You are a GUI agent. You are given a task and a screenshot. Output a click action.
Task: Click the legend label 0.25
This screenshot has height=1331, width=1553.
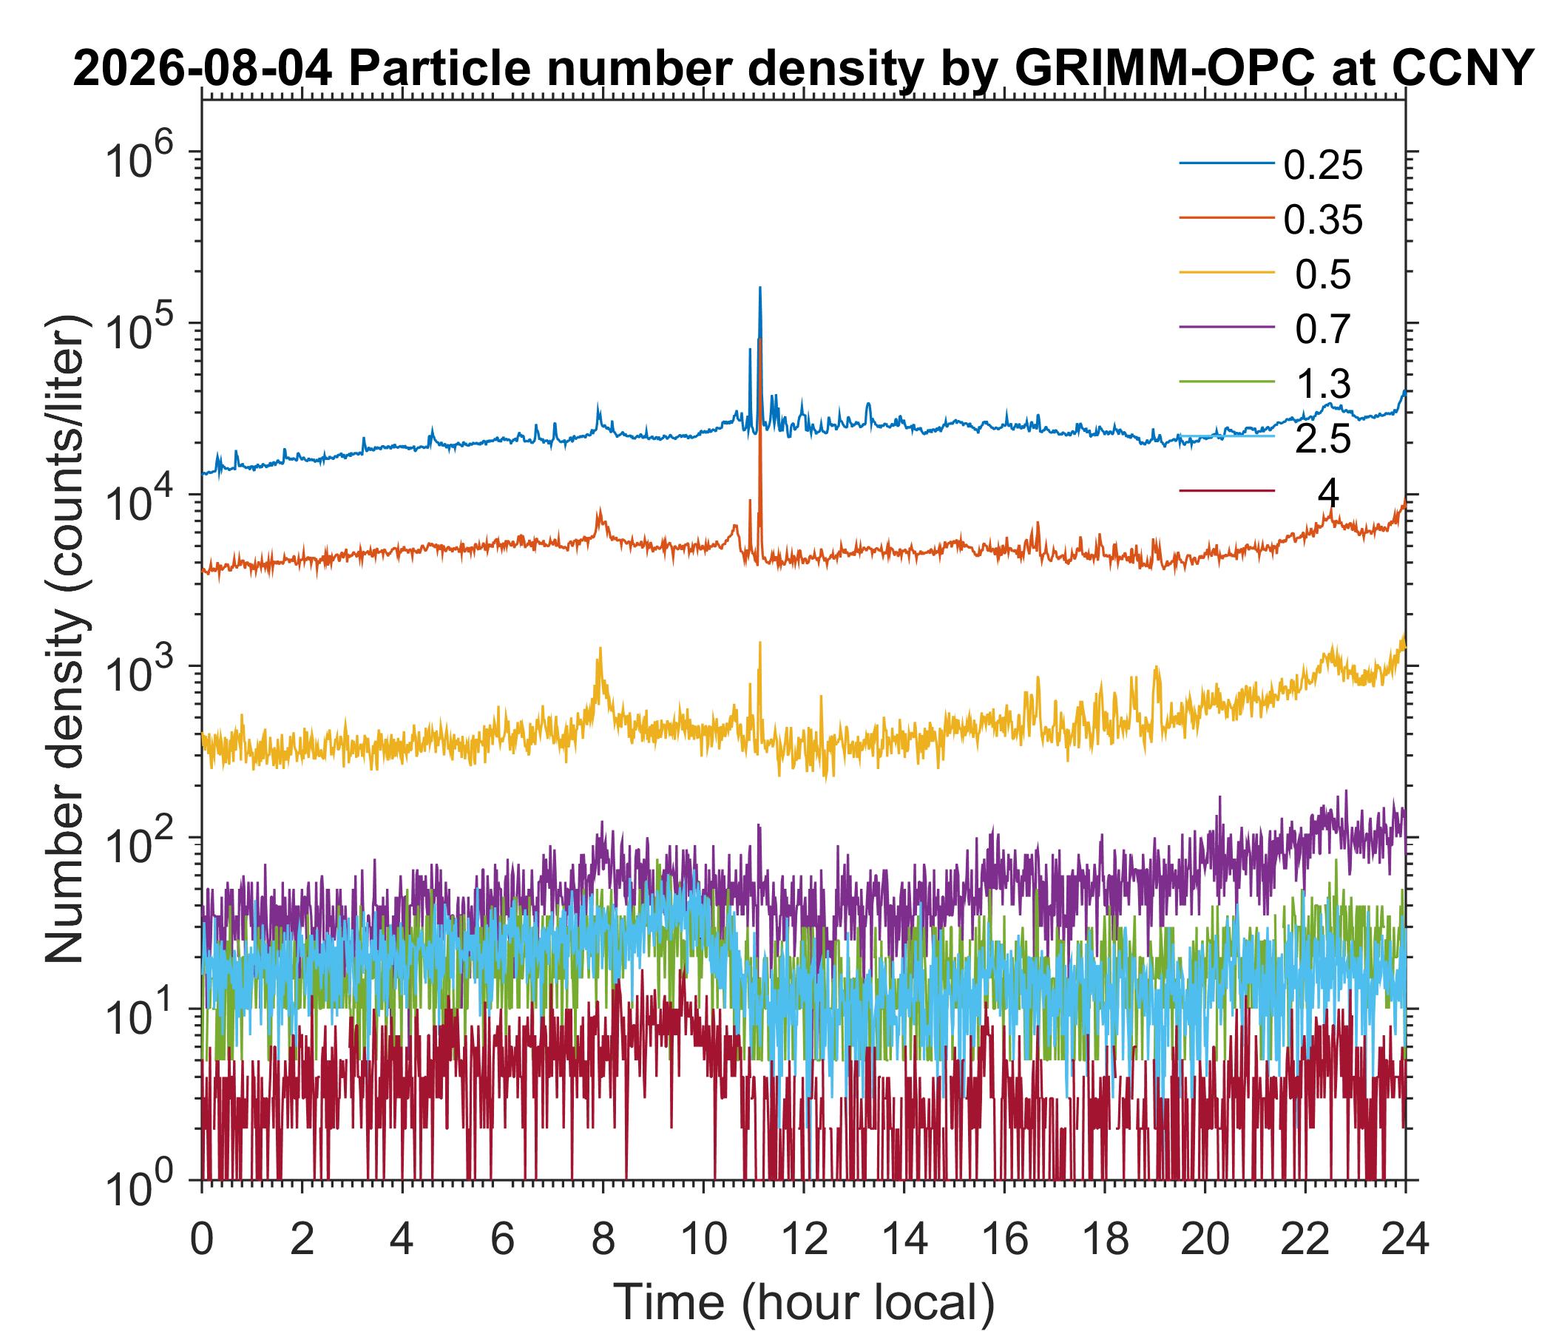pyautogui.click(x=1323, y=166)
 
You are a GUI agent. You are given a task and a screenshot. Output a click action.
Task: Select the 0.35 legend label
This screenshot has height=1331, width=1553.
pyautogui.click(x=1323, y=220)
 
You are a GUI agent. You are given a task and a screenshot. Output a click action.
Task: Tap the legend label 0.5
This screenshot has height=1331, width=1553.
pyautogui.click(x=1323, y=275)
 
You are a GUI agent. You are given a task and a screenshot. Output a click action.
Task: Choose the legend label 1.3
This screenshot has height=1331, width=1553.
pyautogui.click(x=1323, y=385)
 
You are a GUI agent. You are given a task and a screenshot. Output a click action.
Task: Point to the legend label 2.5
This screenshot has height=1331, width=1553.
pyautogui.click(x=1323, y=440)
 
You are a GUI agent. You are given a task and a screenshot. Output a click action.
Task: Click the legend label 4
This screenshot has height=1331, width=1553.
pyautogui.click(x=1328, y=494)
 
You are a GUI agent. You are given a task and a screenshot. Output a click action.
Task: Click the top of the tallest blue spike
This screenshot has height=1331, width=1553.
pyautogui.click(x=760, y=288)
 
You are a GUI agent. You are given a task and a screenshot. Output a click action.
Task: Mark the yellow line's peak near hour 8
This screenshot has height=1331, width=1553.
pyautogui.click(x=599, y=648)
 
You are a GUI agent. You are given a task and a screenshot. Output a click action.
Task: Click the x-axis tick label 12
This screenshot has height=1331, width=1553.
pyautogui.click(x=803, y=1240)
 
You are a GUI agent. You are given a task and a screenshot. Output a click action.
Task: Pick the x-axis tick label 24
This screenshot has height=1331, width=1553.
pyautogui.click(x=1404, y=1240)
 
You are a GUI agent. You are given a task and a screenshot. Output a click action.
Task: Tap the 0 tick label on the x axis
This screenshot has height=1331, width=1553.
pyautogui.click(x=201, y=1240)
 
